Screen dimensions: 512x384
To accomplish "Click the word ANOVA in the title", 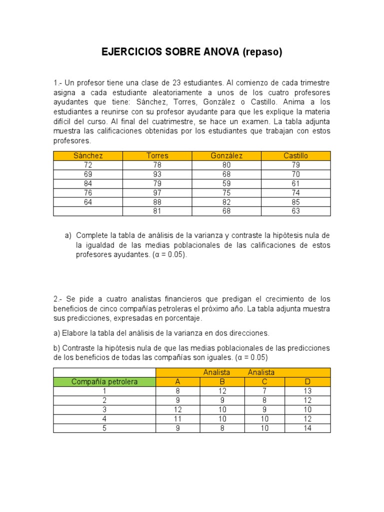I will [x=219, y=52].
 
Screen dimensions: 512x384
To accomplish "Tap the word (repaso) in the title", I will [x=262, y=52].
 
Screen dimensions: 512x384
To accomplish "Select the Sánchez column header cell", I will [x=88, y=155].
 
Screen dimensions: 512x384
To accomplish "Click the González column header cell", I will [x=226, y=155].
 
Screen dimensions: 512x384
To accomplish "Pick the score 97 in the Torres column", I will [x=157, y=192].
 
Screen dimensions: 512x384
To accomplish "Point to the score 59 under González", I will [x=226, y=183].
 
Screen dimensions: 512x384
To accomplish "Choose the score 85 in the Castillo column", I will [x=295, y=202].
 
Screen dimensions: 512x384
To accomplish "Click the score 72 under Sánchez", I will [x=88, y=165].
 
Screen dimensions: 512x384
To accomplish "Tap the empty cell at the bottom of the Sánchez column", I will [x=88, y=211].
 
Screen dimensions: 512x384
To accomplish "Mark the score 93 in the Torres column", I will [x=157, y=174].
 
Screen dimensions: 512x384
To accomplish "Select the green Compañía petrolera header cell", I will [x=104, y=381].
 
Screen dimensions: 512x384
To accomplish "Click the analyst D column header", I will [x=307, y=381].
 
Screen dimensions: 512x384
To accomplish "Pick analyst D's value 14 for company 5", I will [x=307, y=428].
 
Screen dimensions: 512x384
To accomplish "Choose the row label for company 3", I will [x=104, y=409].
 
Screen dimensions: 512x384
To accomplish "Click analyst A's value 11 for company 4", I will [x=177, y=418].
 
